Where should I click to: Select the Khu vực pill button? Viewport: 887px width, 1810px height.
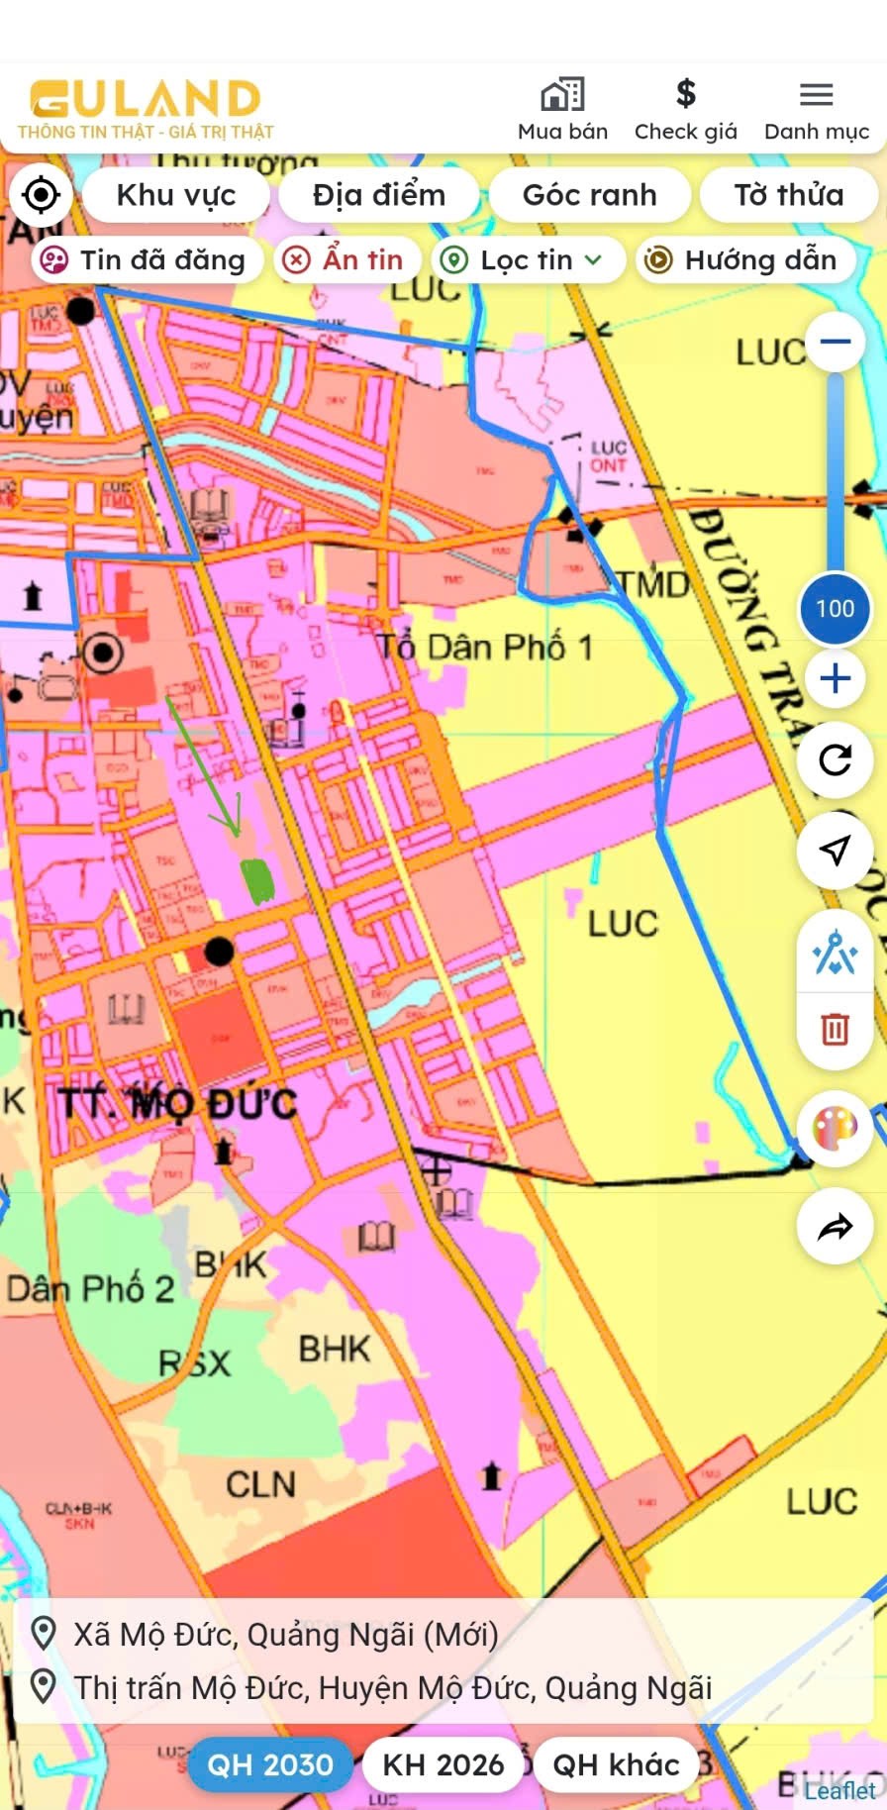pos(176,195)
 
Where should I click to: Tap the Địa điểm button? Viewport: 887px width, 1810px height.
pos(379,195)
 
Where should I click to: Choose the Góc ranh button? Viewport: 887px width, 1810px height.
pos(589,195)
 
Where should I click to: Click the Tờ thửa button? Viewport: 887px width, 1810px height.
pos(788,195)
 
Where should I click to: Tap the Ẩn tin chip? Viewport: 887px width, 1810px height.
pos(344,259)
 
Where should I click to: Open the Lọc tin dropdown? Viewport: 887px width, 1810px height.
pos(523,259)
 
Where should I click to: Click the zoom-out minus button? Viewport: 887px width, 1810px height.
pos(836,342)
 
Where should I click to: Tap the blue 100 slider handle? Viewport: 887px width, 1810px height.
pos(835,608)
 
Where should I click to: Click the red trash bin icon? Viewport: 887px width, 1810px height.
pos(835,1030)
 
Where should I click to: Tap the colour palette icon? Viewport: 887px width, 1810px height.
pos(835,1128)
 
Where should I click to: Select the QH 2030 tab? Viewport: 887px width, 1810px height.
pos(269,1764)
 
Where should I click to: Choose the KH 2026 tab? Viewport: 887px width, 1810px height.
pos(443,1764)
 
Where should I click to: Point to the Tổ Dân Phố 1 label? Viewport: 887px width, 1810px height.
pos(485,648)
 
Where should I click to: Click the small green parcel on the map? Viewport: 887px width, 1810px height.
pos(257,879)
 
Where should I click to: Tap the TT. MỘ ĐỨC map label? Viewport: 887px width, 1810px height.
pos(178,1102)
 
